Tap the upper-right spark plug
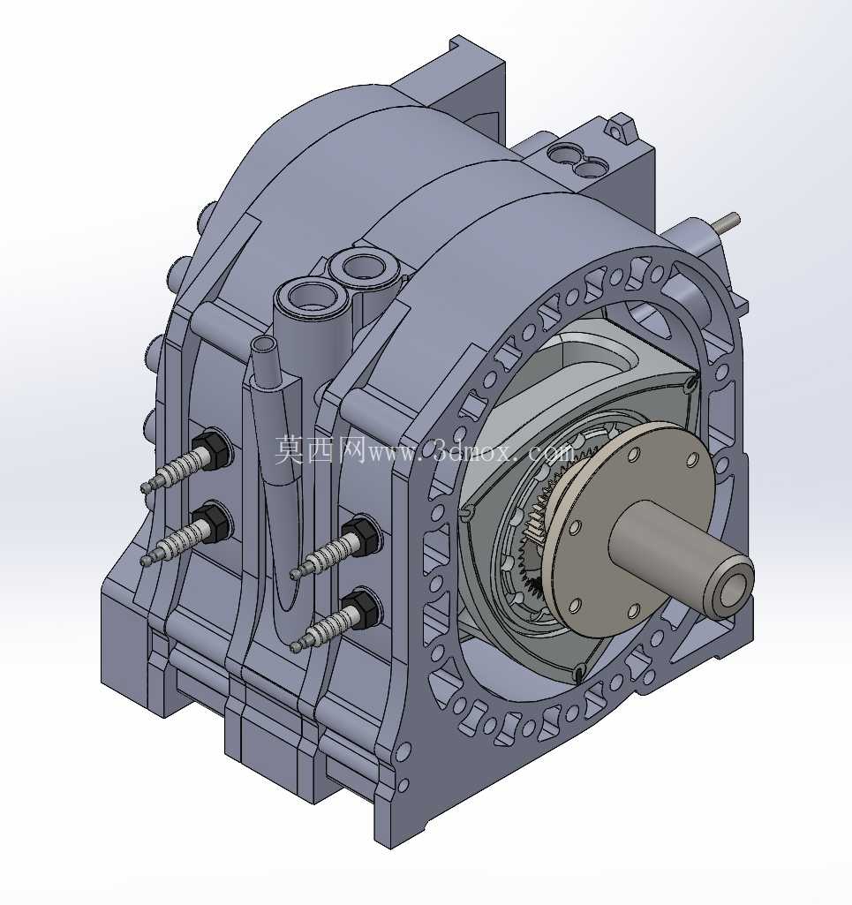pyautogui.click(x=335, y=549)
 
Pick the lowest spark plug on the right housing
pyautogui.click(x=335, y=621)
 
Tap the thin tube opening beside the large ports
pyautogui.click(x=264, y=345)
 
